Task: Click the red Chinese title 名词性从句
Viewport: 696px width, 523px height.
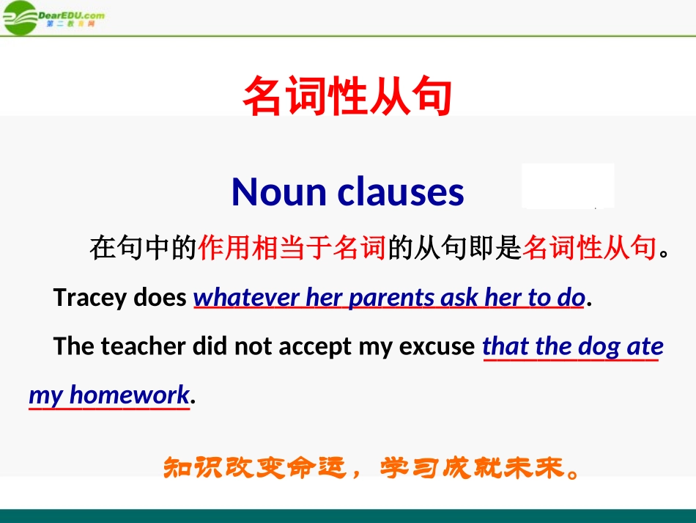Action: pos(347,97)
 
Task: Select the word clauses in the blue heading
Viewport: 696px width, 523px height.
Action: pos(401,192)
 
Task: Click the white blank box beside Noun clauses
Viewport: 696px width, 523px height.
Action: pos(568,186)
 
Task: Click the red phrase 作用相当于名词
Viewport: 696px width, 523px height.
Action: pos(292,249)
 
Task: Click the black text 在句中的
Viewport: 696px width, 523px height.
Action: pos(143,249)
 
